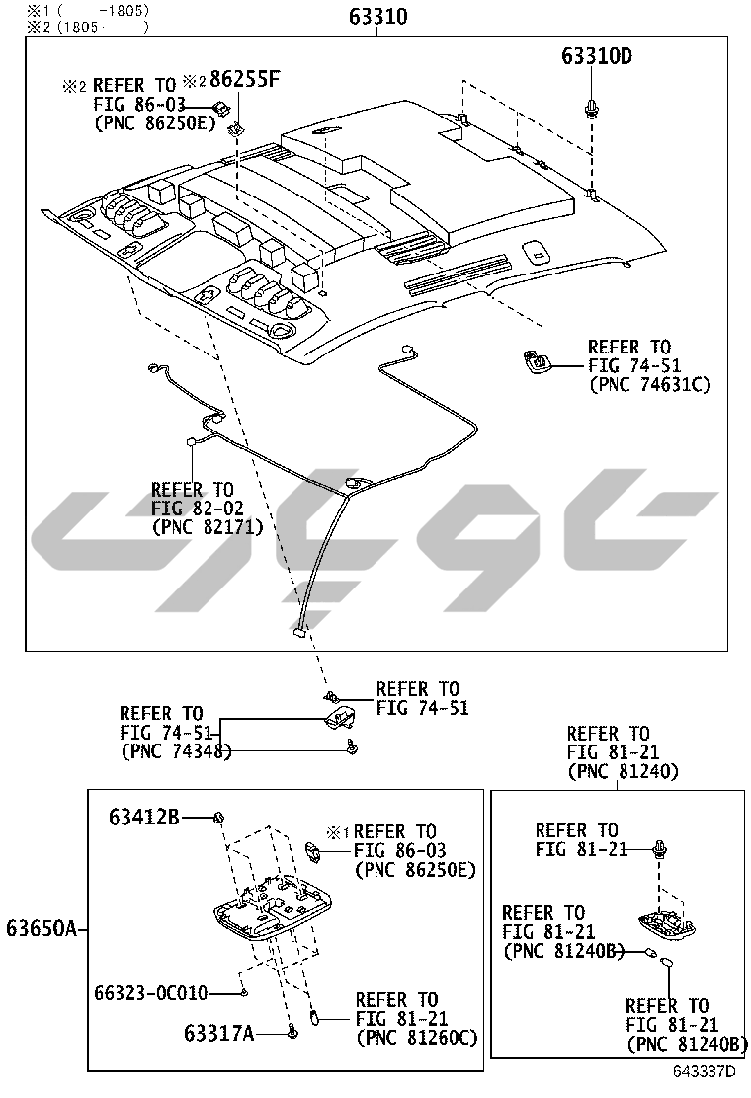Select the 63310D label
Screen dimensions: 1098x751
pyautogui.click(x=597, y=57)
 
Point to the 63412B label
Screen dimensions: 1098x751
pyautogui.click(x=144, y=817)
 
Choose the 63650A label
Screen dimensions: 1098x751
pyautogui.click(x=41, y=928)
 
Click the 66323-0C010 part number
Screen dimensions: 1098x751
pyautogui.click(x=151, y=991)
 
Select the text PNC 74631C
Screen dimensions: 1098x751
pyautogui.click(x=649, y=385)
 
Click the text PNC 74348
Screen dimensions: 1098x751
pyautogui.click(x=175, y=751)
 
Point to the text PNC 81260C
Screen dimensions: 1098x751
pyautogui.click(x=416, y=1038)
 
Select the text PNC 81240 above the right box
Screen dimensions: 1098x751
pyautogui.click(x=623, y=771)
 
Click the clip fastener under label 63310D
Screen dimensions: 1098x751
pyautogui.click(x=592, y=109)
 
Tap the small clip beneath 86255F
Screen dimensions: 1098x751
pyautogui.click(x=236, y=127)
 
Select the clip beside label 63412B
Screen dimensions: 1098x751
pyautogui.click(x=220, y=817)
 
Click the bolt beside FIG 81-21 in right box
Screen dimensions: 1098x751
pyautogui.click(x=660, y=847)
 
